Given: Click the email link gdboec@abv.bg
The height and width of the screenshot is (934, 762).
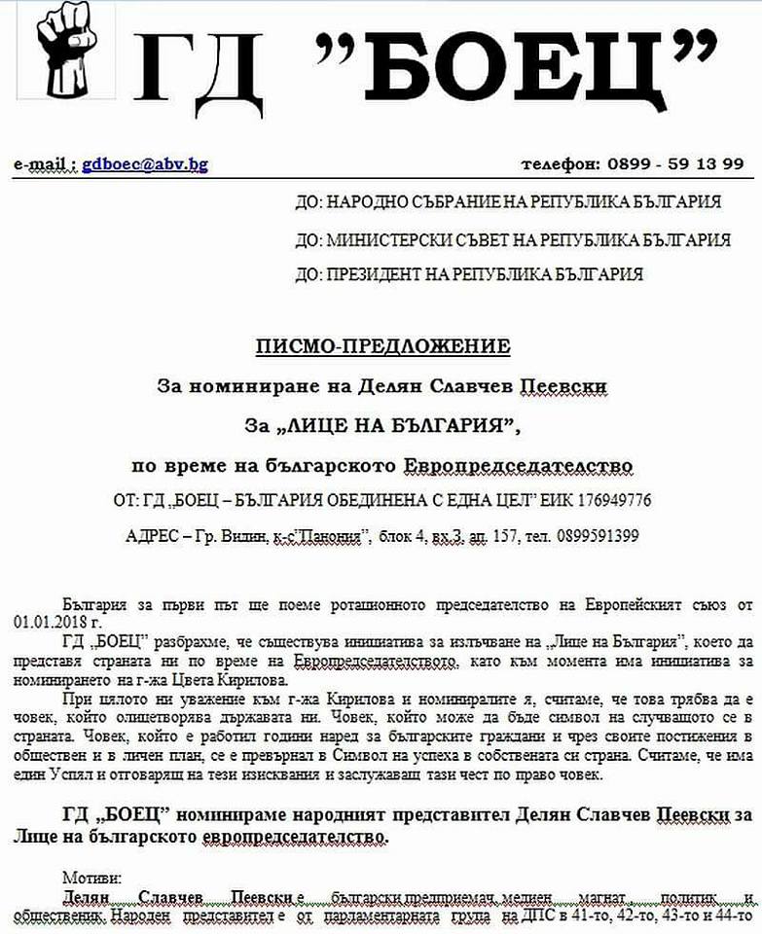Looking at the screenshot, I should point(144,164).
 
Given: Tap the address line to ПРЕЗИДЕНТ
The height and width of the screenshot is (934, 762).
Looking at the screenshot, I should point(469,274).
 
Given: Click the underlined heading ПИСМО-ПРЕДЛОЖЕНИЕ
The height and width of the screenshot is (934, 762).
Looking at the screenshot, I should point(382,346).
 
